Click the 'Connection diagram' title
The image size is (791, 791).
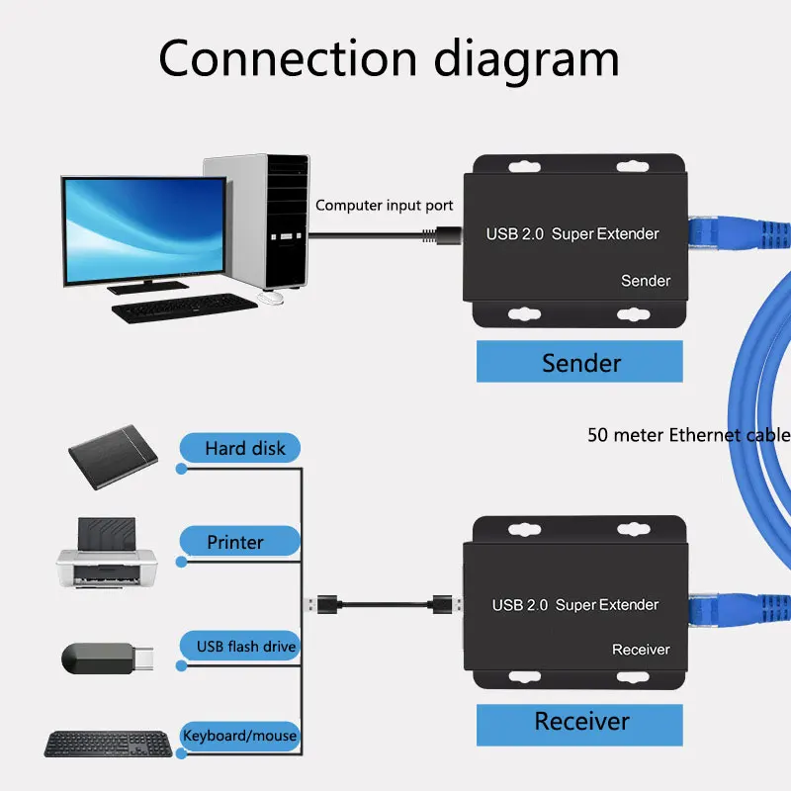[389, 59]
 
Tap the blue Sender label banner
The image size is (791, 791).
[579, 361]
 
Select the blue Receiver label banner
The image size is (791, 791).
[579, 725]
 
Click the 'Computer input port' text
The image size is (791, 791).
[384, 206]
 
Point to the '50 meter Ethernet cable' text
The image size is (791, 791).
[689, 435]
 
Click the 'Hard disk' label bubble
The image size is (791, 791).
[240, 448]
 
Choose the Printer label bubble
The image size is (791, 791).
[240, 541]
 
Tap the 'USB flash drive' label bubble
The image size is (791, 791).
[240, 646]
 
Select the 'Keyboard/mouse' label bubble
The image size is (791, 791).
[240, 736]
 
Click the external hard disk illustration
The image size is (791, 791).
[113, 457]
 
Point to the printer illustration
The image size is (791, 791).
[107, 553]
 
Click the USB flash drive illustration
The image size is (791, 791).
[107, 659]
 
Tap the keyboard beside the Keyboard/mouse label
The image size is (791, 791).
[108, 745]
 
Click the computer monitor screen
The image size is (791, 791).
[144, 229]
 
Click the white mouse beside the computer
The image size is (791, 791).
[270, 299]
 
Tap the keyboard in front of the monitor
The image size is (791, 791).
[184, 308]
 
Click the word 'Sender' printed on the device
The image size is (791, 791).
[646, 281]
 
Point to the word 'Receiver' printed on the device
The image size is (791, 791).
[641, 650]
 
